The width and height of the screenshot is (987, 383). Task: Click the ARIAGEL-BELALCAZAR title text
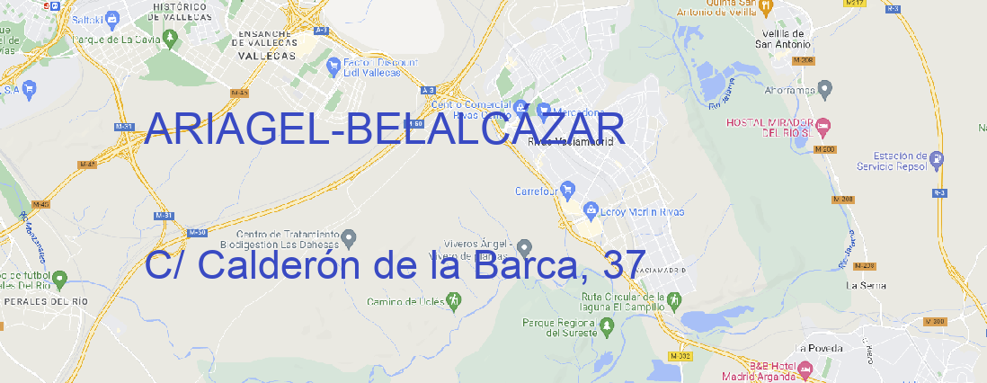[x=384, y=129]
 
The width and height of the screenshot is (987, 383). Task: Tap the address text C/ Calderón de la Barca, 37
[x=394, y=264]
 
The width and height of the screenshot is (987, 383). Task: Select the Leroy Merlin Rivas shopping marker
[x=591, y=211]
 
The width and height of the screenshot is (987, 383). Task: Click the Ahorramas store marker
[x=826, y=88]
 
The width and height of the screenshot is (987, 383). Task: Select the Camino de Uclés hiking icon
[x=453, y=300]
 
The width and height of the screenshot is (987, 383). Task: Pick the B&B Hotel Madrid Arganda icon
[x=805, y=369]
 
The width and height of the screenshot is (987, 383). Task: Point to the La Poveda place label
[x=820, y=347]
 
